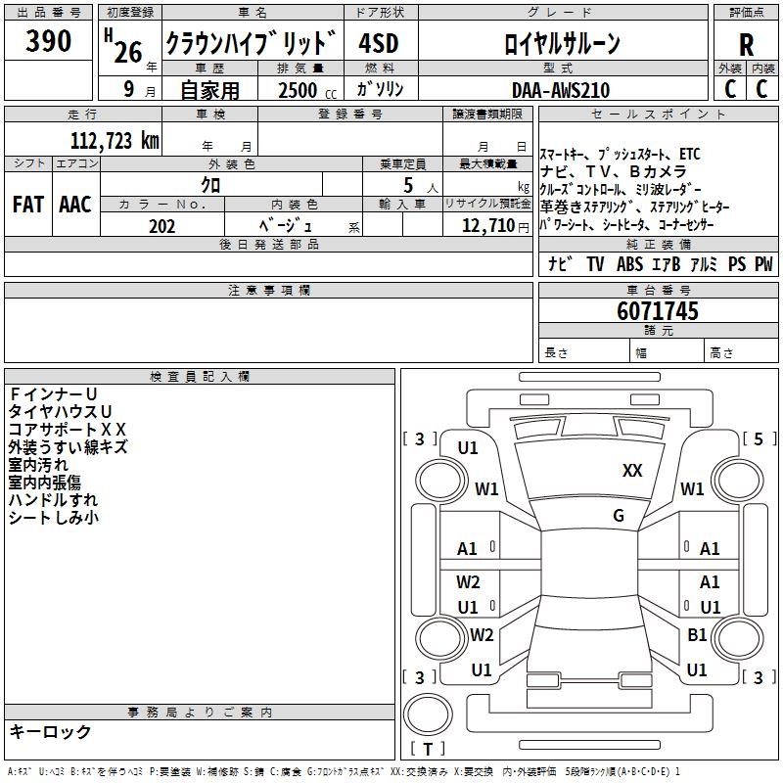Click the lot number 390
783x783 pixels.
coord(49,41)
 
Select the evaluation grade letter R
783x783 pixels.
coord(746,45)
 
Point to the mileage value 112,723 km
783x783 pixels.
coord(115,140)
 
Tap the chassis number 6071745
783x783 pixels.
coord(658,312)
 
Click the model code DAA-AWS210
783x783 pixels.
coord(561,90)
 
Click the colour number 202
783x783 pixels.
coord(161,226)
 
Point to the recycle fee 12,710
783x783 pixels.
coord(485,226)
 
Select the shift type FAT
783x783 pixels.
coord(27,205)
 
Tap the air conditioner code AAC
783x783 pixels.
coord(74,205)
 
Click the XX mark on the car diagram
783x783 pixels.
coord(632,471)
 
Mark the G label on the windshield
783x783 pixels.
coord(619,516)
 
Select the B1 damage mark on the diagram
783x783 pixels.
coord(697,635)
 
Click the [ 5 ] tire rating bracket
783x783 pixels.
coord(759,439)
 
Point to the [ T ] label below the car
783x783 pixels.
coord(428,750)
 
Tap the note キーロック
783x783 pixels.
coord(51,732)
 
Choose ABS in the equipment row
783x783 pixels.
coord(629,264)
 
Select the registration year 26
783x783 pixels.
coord(128,52)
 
